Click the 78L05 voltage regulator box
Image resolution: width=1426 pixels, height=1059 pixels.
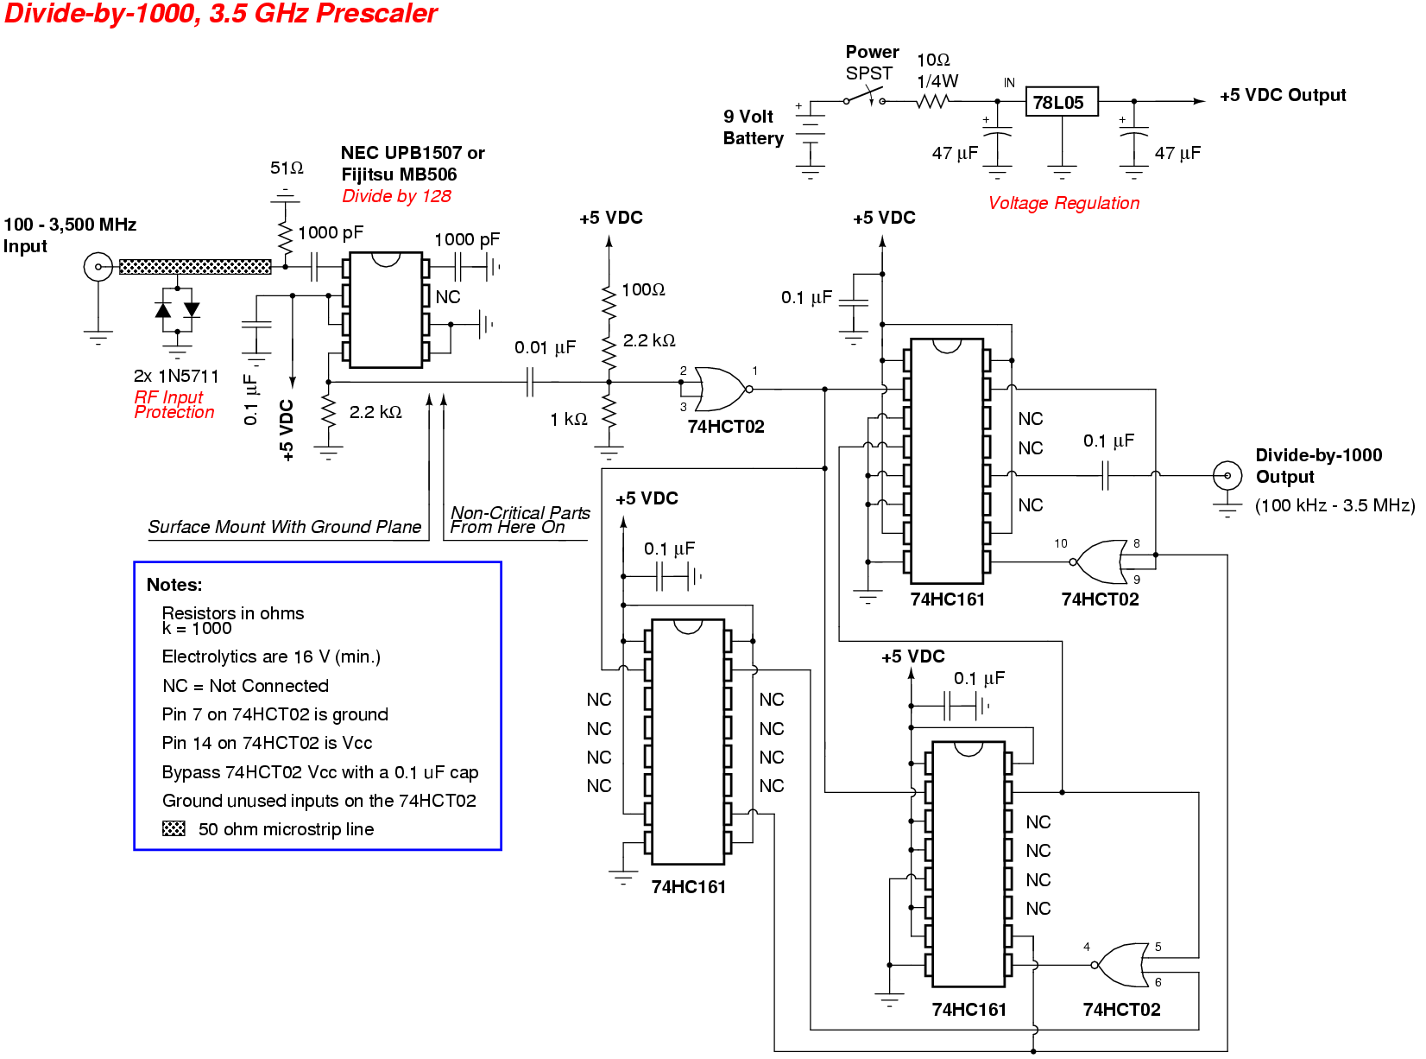point(1061,102)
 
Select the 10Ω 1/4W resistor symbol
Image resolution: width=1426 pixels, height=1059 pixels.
point(933,101)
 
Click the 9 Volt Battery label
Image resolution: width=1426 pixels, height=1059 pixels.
point(753,127)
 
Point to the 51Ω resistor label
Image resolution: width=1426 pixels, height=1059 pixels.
point(287,168)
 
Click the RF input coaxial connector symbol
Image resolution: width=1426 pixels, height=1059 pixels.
point(98,266)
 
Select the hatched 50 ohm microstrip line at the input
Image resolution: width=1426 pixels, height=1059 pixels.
point(194,267)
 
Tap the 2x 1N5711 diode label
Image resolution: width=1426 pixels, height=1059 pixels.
point(176,376)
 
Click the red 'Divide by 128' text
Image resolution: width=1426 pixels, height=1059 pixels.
point(396,196)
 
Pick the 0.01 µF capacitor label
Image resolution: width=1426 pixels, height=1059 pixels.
point(545,347)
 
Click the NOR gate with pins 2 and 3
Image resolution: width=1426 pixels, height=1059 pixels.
point(720,389)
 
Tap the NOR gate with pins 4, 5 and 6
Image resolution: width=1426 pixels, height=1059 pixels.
point(1121,965)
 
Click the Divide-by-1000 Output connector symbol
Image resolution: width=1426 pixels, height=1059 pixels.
point(1227,474)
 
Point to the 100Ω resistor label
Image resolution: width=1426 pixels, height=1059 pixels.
point(643,289)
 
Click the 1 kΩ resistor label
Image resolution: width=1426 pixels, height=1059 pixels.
point(569,419)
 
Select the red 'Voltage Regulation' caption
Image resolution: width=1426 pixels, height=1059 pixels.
point(1063,203)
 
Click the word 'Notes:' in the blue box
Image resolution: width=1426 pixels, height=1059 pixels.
point(174,585)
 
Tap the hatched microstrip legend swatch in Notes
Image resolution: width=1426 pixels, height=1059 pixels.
point(174,828)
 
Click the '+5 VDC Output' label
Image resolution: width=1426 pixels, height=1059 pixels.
point(1283,95)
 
